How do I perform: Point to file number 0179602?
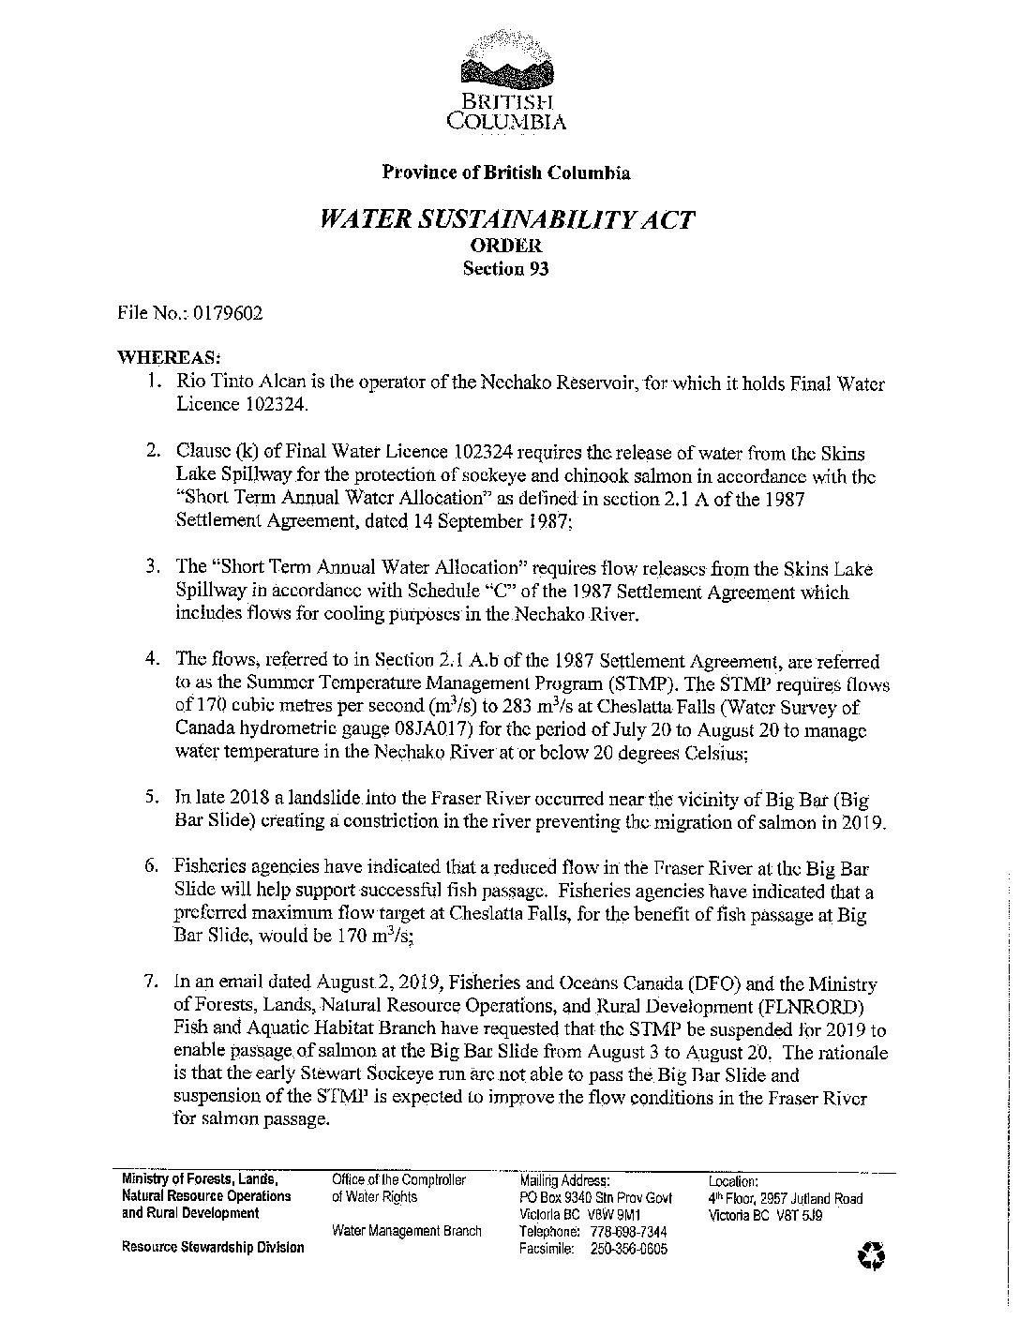click(x=228, y=313)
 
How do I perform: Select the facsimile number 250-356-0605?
click(x=629, y=1249)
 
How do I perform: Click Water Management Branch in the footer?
click(x=407, y=1231)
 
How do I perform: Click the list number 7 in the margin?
click(x=150, y=983)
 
